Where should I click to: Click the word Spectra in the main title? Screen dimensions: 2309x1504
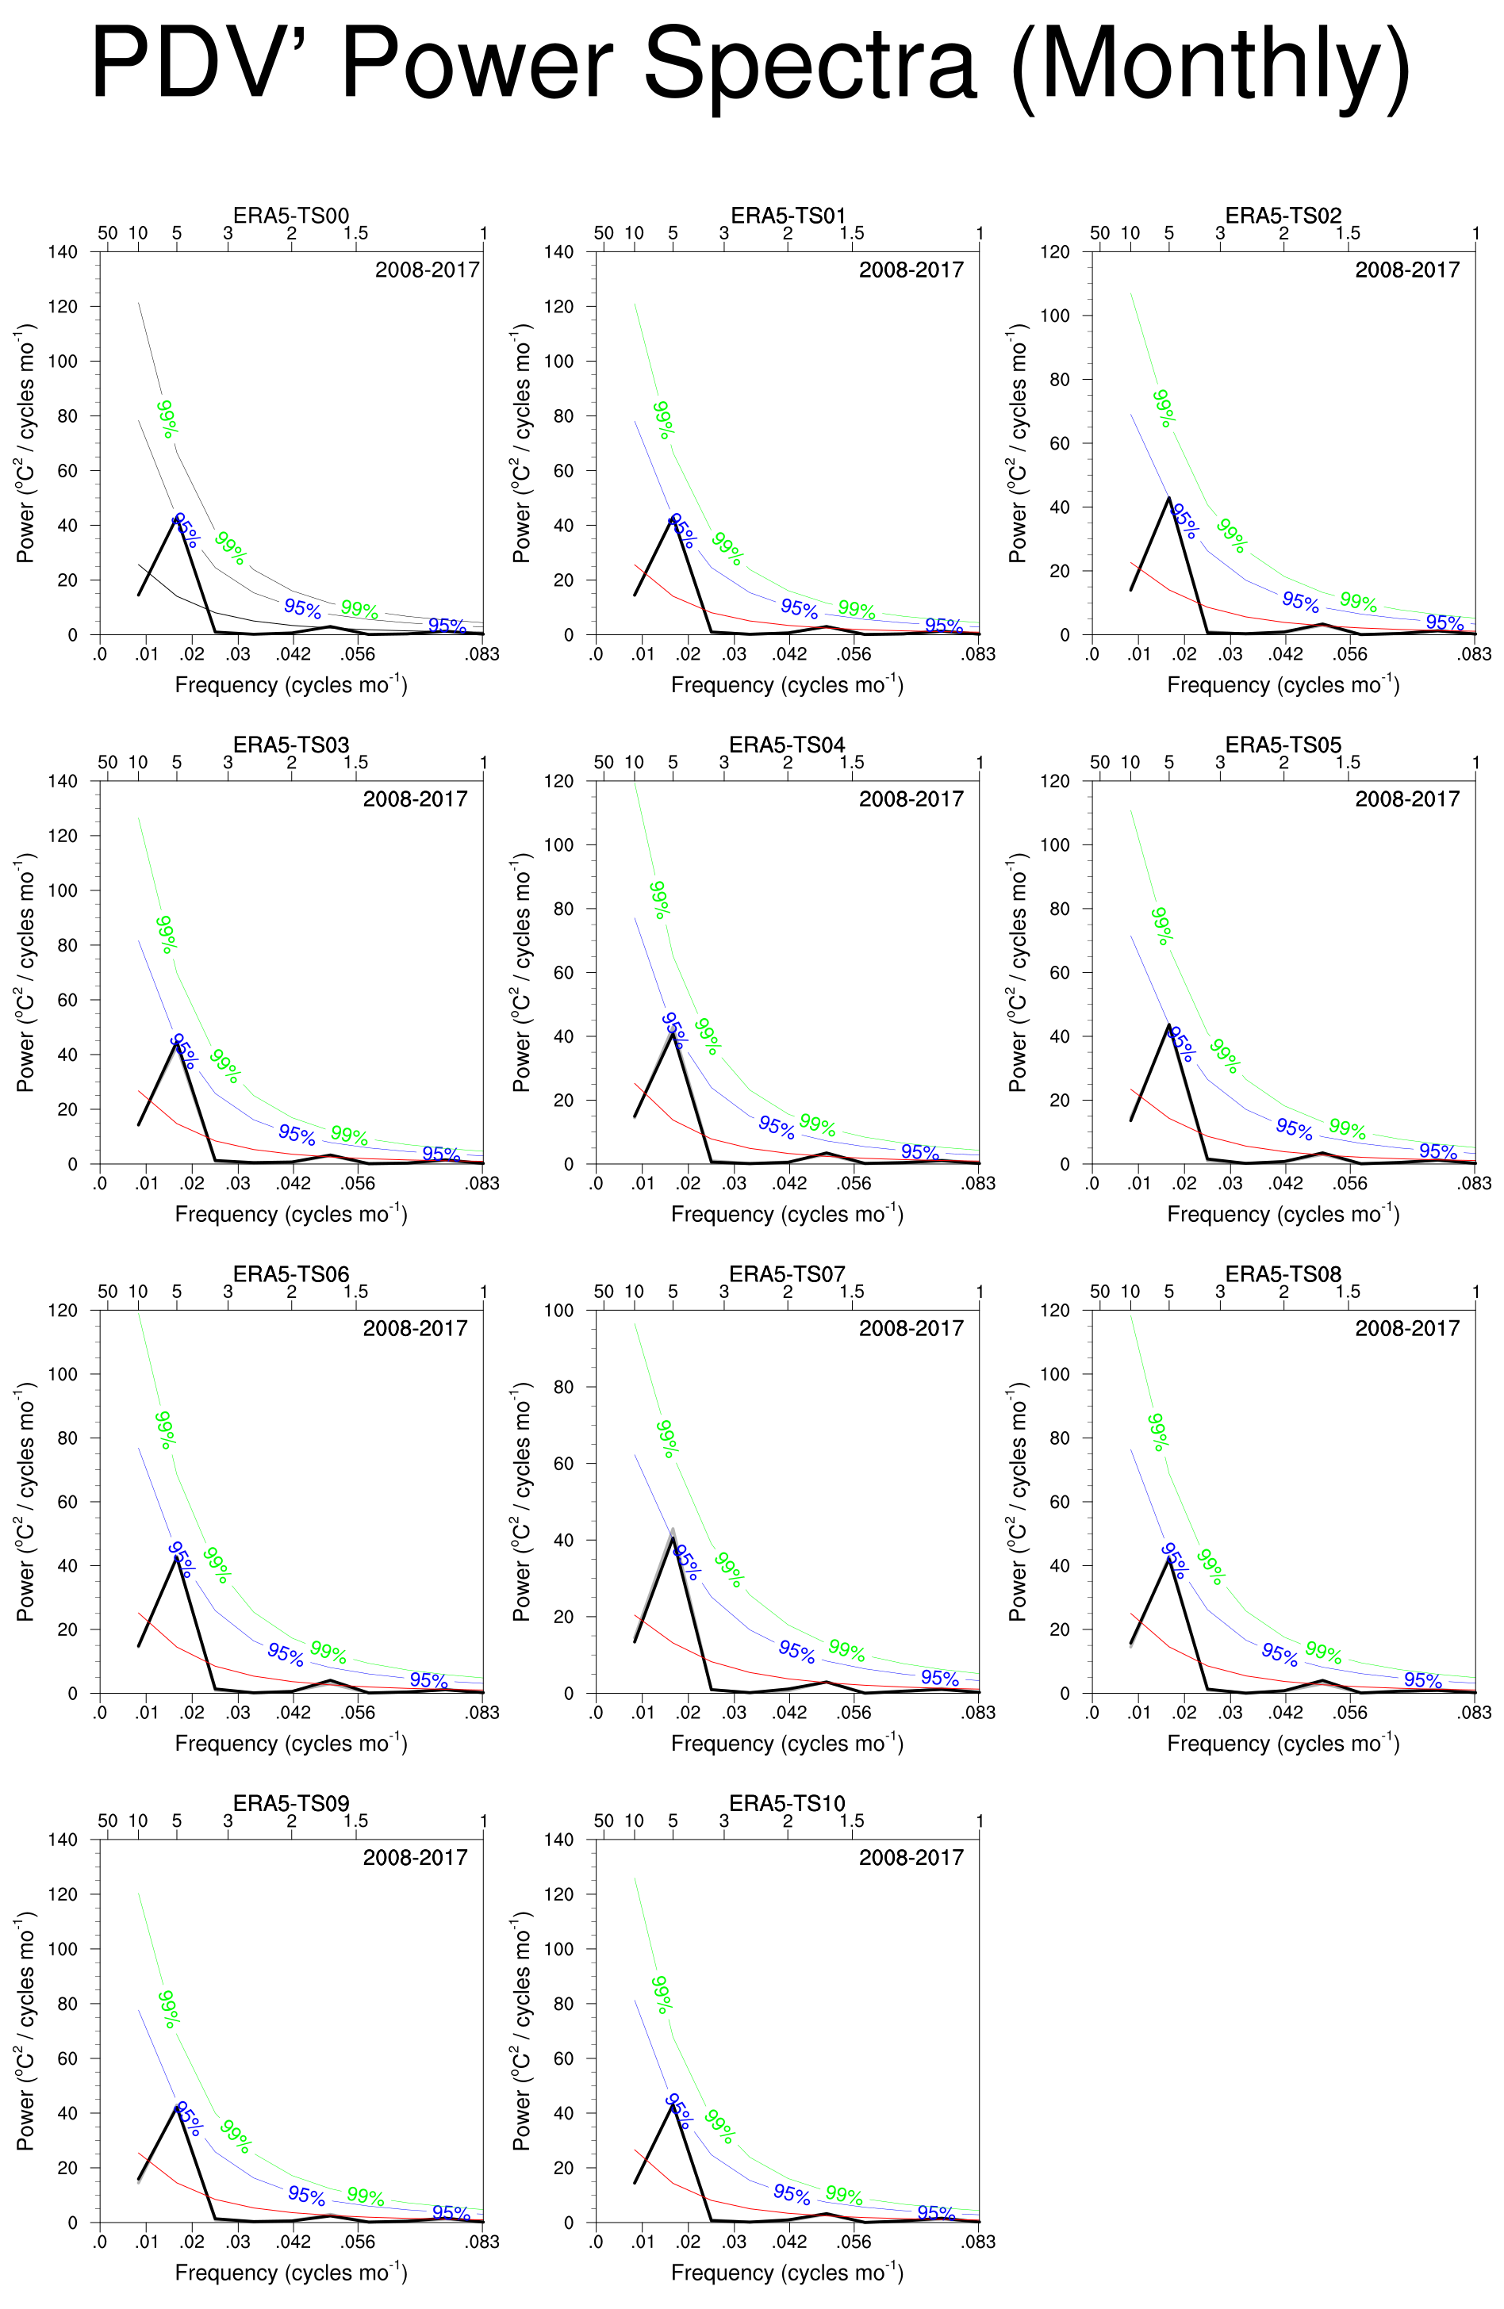click(809, 65)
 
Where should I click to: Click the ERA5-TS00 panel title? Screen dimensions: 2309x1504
click(291, 216)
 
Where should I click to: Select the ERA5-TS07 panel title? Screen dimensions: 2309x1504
click(787, 1273)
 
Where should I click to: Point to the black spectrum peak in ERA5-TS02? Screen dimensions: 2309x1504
click(1168, 499)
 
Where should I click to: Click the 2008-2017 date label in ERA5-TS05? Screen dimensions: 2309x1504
click(1407, 798)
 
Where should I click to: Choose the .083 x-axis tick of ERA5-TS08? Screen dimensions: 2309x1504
click(1474, 1713)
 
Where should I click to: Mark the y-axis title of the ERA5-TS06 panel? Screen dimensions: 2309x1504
click(26, 1502)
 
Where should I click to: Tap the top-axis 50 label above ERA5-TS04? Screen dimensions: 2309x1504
click(604, 763)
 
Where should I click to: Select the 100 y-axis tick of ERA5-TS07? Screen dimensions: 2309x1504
click(559, 1311)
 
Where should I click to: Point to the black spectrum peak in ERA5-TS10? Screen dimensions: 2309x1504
click(673, 2104)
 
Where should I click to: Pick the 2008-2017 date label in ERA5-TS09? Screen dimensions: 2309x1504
click(416, 1857)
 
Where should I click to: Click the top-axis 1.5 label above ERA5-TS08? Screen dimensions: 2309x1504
click(1348, 1292)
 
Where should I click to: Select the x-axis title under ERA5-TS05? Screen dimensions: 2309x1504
click(1283, 1214)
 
